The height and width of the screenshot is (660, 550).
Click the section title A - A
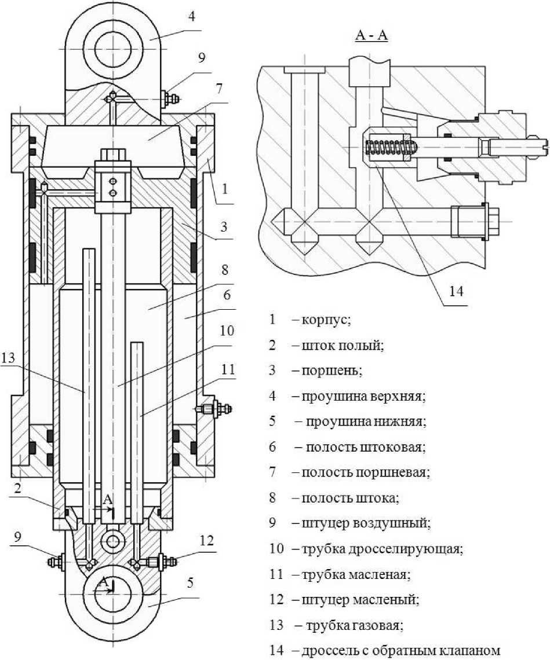pyautogui.click(x=371, y=35)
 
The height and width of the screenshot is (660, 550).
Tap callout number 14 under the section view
pyautogui.click(x=456, y=291)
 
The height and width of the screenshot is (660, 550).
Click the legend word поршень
pyautogui.click(x=332, y=371)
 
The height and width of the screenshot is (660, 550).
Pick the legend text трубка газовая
pyautogui.click(x=354, y=625)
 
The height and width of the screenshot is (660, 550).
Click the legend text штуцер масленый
pyautogui.click(x=360, y=599)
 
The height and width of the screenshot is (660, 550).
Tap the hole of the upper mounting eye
pyautogui.click(x=114, y=49)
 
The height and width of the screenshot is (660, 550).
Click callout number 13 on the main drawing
pyautogui.click(x=8, y=358)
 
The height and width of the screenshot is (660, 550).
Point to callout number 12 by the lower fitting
pyautogui.click(x=206, y=541)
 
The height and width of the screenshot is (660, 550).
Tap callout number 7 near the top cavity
pyautogui.click(x=218, y=89)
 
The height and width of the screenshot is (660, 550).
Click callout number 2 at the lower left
pyautogui.click(x=17, y=488)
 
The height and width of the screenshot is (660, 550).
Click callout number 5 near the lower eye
pyautogui.click(x=191, y=583)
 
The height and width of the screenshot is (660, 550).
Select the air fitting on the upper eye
pyautogui.click(x=171, y=99)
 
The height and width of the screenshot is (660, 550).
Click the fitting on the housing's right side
pyautogui.click(x=214, y=409)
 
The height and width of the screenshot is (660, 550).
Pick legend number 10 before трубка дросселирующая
pyautogui.click(x=276, y=549)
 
